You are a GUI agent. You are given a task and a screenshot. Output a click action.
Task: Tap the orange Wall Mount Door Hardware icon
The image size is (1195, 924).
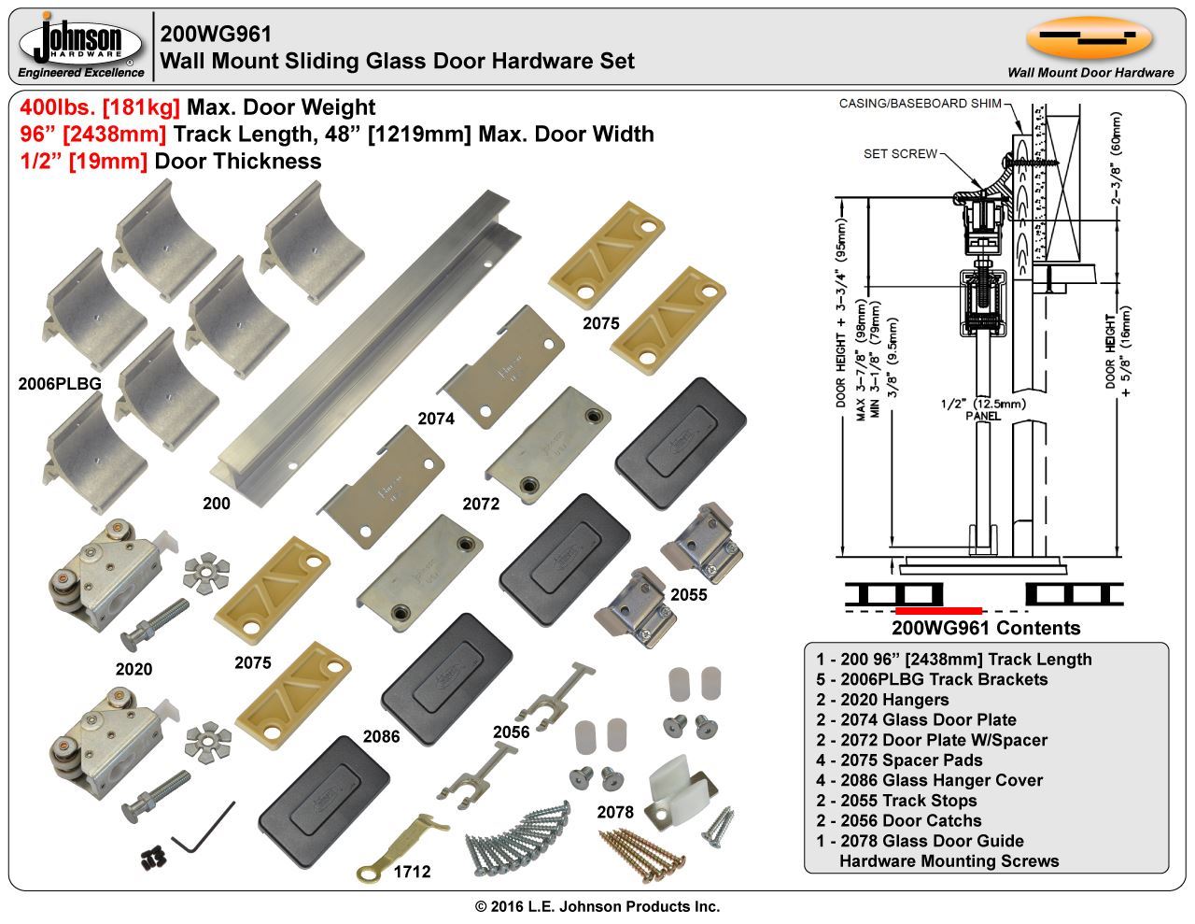(1089, 37)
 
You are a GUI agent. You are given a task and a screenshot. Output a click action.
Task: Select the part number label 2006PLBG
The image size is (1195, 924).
(60, 383)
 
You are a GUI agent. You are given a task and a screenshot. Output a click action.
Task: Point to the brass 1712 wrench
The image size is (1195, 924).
(398, 845)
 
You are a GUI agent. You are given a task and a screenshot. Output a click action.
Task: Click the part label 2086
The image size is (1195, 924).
(381, 736)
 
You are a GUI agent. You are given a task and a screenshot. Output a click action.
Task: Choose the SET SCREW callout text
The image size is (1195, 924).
(900, 153)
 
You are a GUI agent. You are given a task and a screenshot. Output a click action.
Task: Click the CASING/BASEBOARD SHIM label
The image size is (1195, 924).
(920, 104)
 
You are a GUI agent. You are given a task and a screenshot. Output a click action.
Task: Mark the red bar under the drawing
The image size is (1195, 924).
(937, 610)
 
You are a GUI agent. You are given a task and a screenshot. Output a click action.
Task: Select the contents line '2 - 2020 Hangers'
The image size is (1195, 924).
(881, 700)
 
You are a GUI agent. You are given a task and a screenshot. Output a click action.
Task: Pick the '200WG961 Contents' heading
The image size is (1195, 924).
(986, 628)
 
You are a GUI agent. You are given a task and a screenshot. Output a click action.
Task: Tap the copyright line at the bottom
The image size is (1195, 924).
(597, 906)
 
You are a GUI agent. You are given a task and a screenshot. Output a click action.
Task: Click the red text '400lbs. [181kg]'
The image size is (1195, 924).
(100, 107)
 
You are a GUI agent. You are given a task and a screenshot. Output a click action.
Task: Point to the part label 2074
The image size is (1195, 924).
(436, 419)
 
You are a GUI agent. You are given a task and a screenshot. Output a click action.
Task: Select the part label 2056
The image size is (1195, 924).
(512, 732)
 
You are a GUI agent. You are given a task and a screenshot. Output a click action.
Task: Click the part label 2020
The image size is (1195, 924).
(134, 669)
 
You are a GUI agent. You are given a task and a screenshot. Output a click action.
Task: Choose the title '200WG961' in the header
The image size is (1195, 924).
(216, 35)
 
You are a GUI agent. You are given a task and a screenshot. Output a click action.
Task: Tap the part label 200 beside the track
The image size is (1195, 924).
(216, 504)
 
